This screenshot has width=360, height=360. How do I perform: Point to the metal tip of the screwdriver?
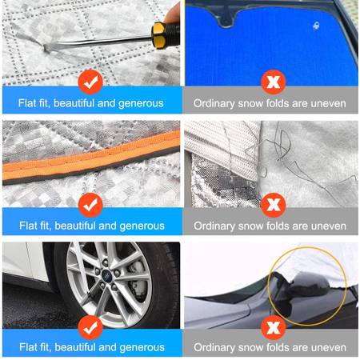[x=47, y=48]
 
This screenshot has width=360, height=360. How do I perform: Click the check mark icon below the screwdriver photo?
[x=90, y=82]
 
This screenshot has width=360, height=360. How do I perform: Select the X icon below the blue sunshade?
[x=274, y=82]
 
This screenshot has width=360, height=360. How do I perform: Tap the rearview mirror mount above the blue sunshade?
[x=227, y=18]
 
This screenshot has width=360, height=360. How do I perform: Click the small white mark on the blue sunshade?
[x=316, y=26]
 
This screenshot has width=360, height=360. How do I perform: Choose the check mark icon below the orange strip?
[x=90, y=205]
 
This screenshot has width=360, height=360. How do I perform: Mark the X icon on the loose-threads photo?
[x=274, y=205]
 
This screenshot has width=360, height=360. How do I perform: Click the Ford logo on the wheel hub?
[x=106, y=274]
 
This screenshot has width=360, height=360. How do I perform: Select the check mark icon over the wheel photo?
[x=90, y=327]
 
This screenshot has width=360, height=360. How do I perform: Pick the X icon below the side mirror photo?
[x=274, y=327]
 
